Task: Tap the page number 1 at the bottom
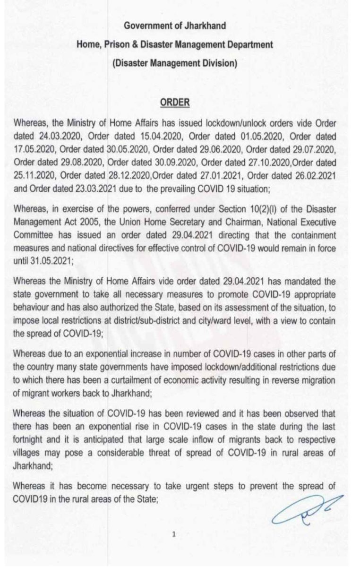point(174,535)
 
